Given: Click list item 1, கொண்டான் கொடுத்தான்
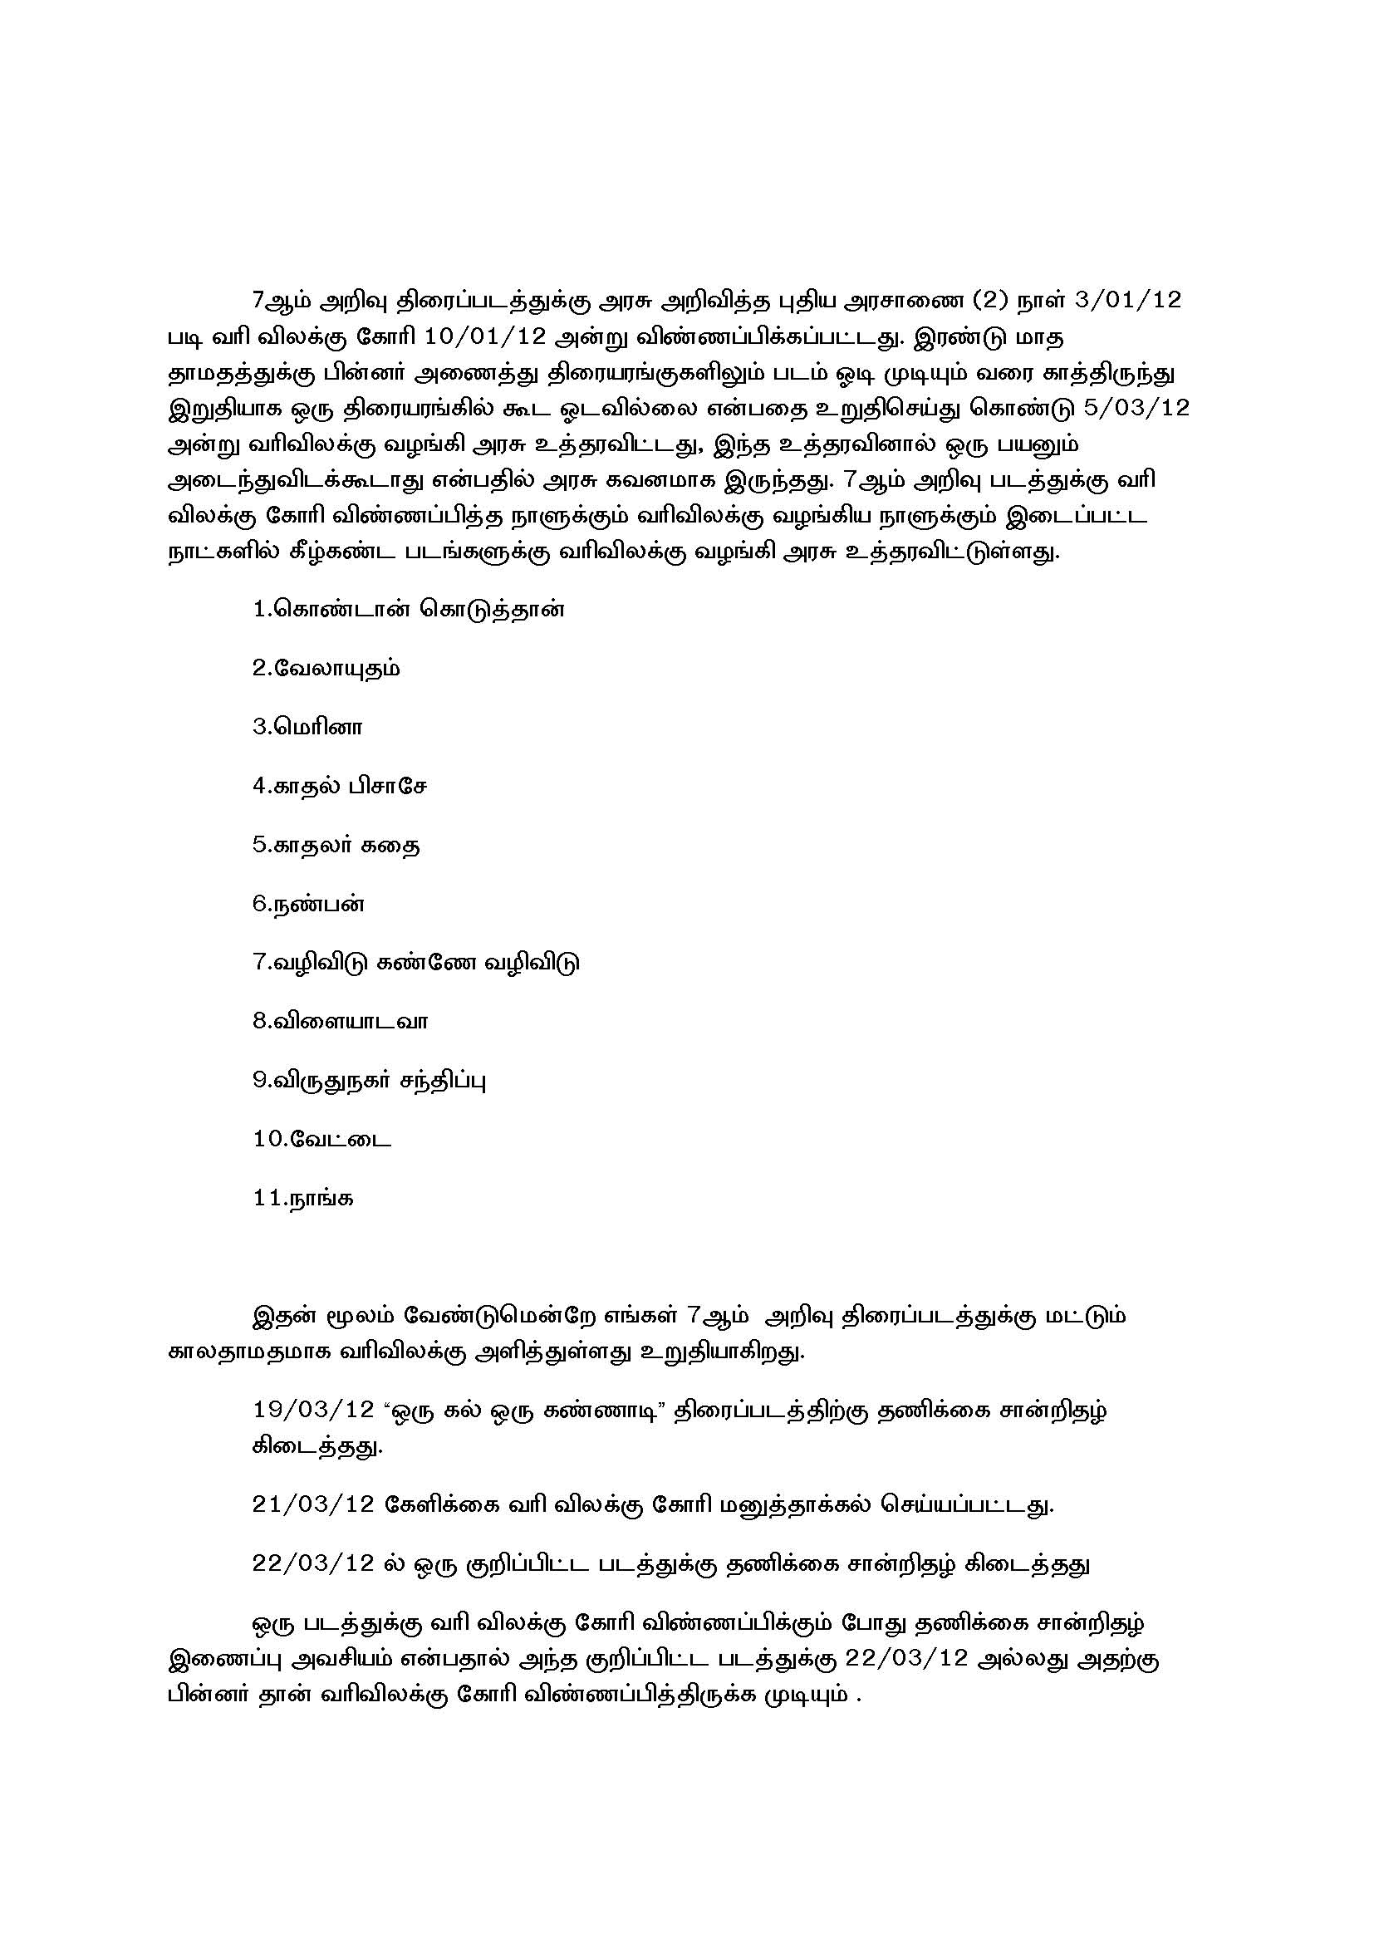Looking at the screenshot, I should tap(408, 611).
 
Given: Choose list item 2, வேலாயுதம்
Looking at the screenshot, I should tap(326, 670).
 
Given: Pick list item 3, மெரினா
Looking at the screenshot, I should tap(307, 728).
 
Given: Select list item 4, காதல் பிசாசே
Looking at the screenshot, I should tap(339, 786).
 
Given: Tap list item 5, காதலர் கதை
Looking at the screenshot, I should tap(336, 846).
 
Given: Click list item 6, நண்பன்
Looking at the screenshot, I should tap(308, 904).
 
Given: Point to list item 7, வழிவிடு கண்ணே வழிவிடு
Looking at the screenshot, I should tap(415, 963).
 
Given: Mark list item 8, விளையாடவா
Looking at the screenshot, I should tap(340, 1022).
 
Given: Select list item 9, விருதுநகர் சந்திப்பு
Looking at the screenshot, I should tap(369, 1081).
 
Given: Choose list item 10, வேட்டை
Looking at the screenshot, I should tap(321, 1139).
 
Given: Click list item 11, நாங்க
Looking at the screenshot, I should tap(303, 1199).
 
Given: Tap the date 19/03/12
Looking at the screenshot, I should tap(313, 1410).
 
